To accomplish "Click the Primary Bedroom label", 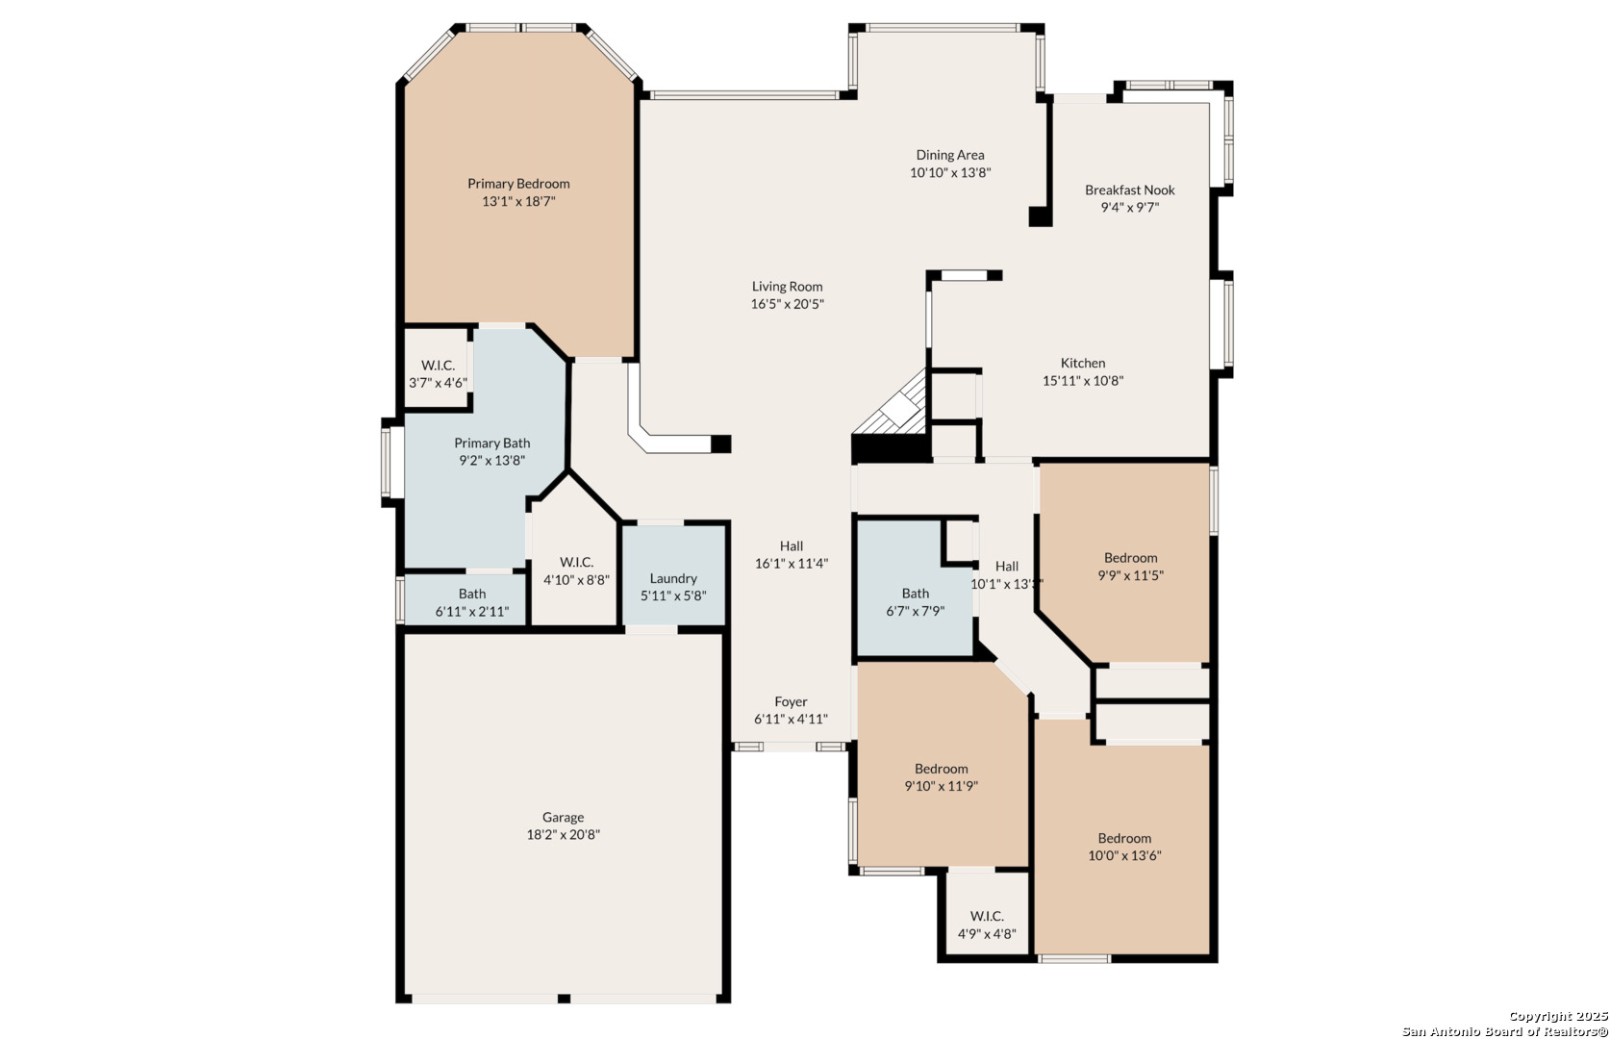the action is coord(518,184).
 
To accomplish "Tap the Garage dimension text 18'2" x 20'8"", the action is coord(563,834).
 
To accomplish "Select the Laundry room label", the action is coord(673,578).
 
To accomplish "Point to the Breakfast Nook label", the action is coord(1130,190).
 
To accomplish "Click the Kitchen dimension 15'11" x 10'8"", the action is coord(1083,380).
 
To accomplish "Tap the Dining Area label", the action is coord(950,155).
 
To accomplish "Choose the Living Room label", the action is coord(787,286).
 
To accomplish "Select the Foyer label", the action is coord(791,701).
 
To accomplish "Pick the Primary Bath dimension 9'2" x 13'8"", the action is coord(492,460).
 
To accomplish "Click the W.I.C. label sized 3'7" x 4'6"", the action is coord(438,366).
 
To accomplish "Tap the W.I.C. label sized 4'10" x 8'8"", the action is coord(576,562).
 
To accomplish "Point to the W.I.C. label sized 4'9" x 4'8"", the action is coord(987,916).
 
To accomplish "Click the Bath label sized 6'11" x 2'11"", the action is coord(472,594).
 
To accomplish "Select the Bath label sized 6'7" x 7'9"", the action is coord(915,594).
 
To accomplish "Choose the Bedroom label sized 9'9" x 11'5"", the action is coord(1131,557).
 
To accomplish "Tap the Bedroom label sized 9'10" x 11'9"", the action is coord(941,769).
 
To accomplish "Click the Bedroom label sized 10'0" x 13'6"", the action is coord(1124,838).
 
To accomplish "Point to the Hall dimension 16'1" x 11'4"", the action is coord(792,563).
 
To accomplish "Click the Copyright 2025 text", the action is coord(1557,1016).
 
